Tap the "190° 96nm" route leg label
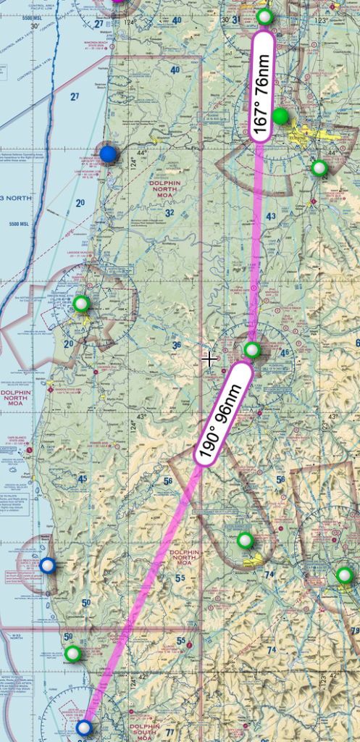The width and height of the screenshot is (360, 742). coord(223,414)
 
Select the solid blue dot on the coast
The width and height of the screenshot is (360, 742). coord(108,154)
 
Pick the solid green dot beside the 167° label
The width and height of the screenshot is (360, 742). coord(280,116)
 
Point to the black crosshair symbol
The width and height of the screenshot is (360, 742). coord(210,358)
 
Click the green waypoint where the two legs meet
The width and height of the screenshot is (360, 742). coord(251,350)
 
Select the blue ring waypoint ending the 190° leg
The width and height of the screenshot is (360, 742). coord(85,728)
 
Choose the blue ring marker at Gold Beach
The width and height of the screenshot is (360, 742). coord(47,565)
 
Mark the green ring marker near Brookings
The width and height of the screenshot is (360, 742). coord(72,654)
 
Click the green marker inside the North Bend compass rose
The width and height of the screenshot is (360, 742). coord(81,303)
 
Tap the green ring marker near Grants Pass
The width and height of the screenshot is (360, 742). coord(246,540)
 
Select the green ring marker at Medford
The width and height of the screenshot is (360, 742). coord(344,575)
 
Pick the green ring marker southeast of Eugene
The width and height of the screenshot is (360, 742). coord(319,168)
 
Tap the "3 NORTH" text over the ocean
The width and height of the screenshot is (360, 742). coord(10,198)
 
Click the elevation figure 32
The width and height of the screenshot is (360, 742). coord(169,213)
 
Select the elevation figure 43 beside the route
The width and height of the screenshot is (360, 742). coord(271,217)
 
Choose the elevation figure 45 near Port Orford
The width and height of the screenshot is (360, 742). coord(82,479)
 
